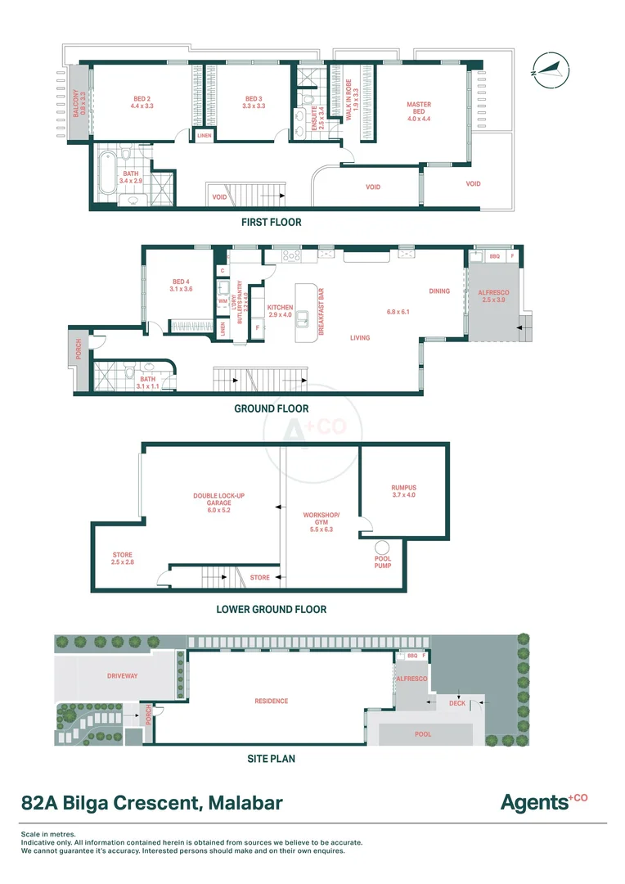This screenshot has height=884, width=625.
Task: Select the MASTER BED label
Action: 419,111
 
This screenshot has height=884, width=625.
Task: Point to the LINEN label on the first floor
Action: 204,136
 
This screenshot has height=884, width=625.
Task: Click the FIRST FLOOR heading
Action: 271,222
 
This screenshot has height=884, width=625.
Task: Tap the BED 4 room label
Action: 181,284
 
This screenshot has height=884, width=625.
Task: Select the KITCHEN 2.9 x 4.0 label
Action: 280,310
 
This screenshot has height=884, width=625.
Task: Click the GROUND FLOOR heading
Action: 271,408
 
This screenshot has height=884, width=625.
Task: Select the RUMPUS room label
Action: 403,491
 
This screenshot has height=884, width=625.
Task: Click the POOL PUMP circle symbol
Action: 382,548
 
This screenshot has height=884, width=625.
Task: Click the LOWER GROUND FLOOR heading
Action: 271,609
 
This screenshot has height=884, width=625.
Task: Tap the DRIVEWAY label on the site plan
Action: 123,676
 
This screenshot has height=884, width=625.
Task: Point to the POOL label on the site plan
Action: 422,734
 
